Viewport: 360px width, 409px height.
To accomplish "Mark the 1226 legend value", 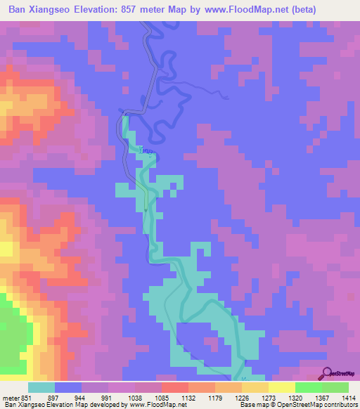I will [x=240, y=398].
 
